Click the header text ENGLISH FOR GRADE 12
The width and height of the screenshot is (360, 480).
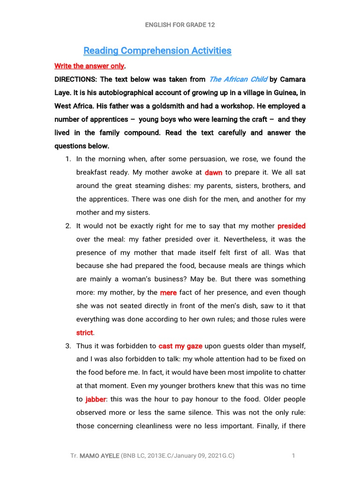[x=180, y=25]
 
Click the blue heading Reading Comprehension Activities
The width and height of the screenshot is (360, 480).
[x=157, y=51]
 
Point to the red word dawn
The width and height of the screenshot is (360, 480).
[x=213, y=172]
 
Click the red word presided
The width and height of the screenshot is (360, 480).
[x=291, y=226]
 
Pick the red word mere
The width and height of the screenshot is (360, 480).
[x=168, y=292]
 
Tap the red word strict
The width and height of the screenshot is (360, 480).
[x=85, y=333]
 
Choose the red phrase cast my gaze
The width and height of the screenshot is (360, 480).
[x=180, y=346]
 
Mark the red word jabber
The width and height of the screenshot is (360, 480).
[x=96, y=399]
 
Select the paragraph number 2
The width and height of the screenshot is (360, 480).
[x=68, y=226]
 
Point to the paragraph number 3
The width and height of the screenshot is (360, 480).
[x=68, y=346]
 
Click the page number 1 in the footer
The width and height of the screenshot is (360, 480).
[x=293, y=456]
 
